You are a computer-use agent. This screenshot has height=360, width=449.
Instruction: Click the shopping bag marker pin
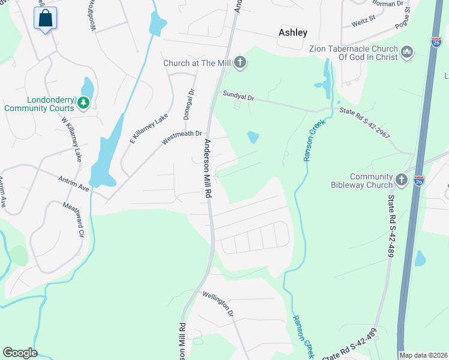pyautogui.click(x=46, y=19)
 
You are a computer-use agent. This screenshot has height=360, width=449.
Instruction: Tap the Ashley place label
pyautogui.click(x=293, y=33)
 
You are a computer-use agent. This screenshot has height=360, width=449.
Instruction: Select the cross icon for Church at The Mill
pyautogui.click(x=240, y=62)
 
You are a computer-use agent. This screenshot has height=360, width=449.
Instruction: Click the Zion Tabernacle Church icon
pyautogui.click(x=408, y=53)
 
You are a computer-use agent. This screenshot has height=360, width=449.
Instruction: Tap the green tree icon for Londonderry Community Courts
pyautogui.click(x=83, y=104)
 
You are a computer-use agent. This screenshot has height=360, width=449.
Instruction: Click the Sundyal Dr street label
pyautogui.click(x=238, y=96)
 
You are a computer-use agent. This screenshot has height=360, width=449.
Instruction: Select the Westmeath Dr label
pyautogui.click(x=183, y=138)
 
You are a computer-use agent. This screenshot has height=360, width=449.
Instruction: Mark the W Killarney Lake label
pyautogui.click(x=70, y=138)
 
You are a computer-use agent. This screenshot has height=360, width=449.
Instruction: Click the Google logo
pyautogui.click(x=19, y=353)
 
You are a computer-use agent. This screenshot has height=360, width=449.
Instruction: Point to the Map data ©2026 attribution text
pyautogui.click(x=424, y=355)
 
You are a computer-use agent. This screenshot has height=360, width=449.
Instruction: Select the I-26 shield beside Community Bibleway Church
pyautogui.click(x=419, y=179)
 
